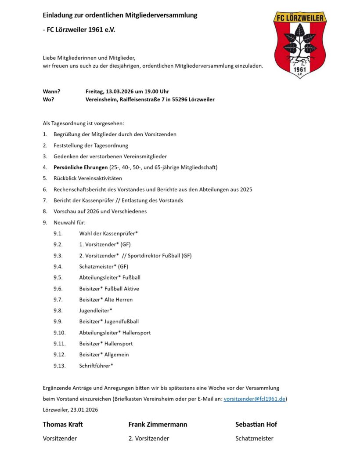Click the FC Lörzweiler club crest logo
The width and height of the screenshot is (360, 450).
(300, 44)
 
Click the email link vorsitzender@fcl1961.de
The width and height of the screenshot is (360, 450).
(255, 399)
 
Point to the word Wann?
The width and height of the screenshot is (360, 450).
(51, 91)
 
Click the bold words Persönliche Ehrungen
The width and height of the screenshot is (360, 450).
(80, 167)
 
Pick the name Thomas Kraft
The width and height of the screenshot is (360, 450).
(62, 424)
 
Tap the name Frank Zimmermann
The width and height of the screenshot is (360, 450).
(158, 424)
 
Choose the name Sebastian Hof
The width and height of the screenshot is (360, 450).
(256, 424)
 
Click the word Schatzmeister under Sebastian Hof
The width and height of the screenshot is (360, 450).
(254, 438)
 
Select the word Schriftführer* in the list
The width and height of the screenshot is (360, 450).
(96, 366)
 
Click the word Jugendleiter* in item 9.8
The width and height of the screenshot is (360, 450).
(96, 311)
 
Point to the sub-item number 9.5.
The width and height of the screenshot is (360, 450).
(58, 278)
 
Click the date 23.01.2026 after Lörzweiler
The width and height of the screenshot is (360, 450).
(84, 410)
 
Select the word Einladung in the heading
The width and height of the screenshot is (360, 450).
(58, 15)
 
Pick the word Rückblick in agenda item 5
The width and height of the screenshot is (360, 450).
(65, 178)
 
